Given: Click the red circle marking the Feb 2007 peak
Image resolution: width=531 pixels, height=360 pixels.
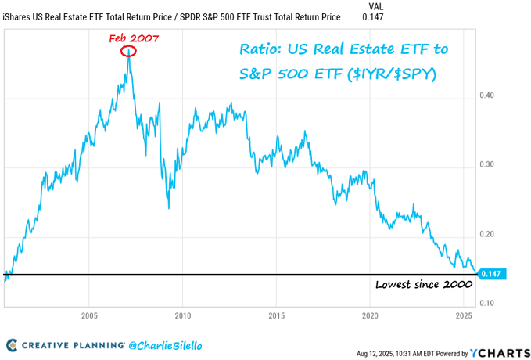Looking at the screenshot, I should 129,52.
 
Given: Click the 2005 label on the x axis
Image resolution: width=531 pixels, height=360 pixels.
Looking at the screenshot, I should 88,315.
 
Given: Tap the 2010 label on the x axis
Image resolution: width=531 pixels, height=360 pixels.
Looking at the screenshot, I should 182,315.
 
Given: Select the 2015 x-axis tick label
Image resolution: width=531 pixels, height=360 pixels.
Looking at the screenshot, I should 276,315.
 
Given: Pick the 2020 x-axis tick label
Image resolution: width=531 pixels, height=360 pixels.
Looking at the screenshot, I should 370,315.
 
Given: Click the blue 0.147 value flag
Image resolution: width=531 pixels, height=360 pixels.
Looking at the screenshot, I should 493,274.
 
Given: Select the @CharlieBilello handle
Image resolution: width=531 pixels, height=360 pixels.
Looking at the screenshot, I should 173,344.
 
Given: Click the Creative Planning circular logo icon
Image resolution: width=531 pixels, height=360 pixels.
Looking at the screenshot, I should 13,344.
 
